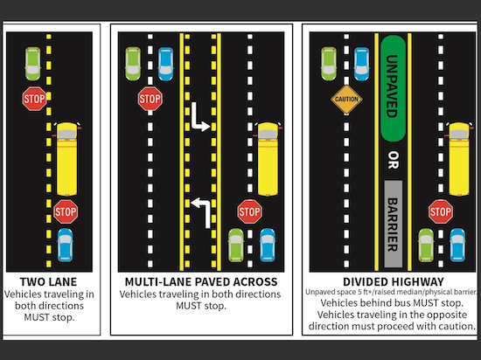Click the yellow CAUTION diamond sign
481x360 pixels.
click(x=346, y=100)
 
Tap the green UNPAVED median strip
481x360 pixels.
click(x=393, y=88)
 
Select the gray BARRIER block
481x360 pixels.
click(x=393, y=224)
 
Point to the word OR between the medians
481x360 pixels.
click(x=393, y=160)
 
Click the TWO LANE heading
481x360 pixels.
click(x=48, y=281)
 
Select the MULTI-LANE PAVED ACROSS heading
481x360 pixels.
click(x=201, y=281)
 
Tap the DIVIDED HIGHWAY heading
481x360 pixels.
click(x=394, y=281)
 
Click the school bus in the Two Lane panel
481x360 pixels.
click(x=66, y=159)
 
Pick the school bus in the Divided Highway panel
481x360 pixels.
click(x=459, y=159)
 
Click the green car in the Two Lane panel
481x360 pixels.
click(x=33, y=64)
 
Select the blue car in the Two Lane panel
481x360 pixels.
click(x=66, y=246)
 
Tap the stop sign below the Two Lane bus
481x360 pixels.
click(x=66, y=211)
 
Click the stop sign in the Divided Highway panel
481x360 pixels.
click(x=441, y=211)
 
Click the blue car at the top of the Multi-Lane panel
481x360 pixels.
click(x=165, y=64)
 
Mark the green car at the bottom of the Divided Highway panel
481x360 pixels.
click(x=426, y=246)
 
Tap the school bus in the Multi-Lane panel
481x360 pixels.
click(x=268, y=159)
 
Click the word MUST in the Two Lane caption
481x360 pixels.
click(x=34, y=317)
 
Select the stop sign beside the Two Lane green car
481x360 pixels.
click(x=34, y=99)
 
